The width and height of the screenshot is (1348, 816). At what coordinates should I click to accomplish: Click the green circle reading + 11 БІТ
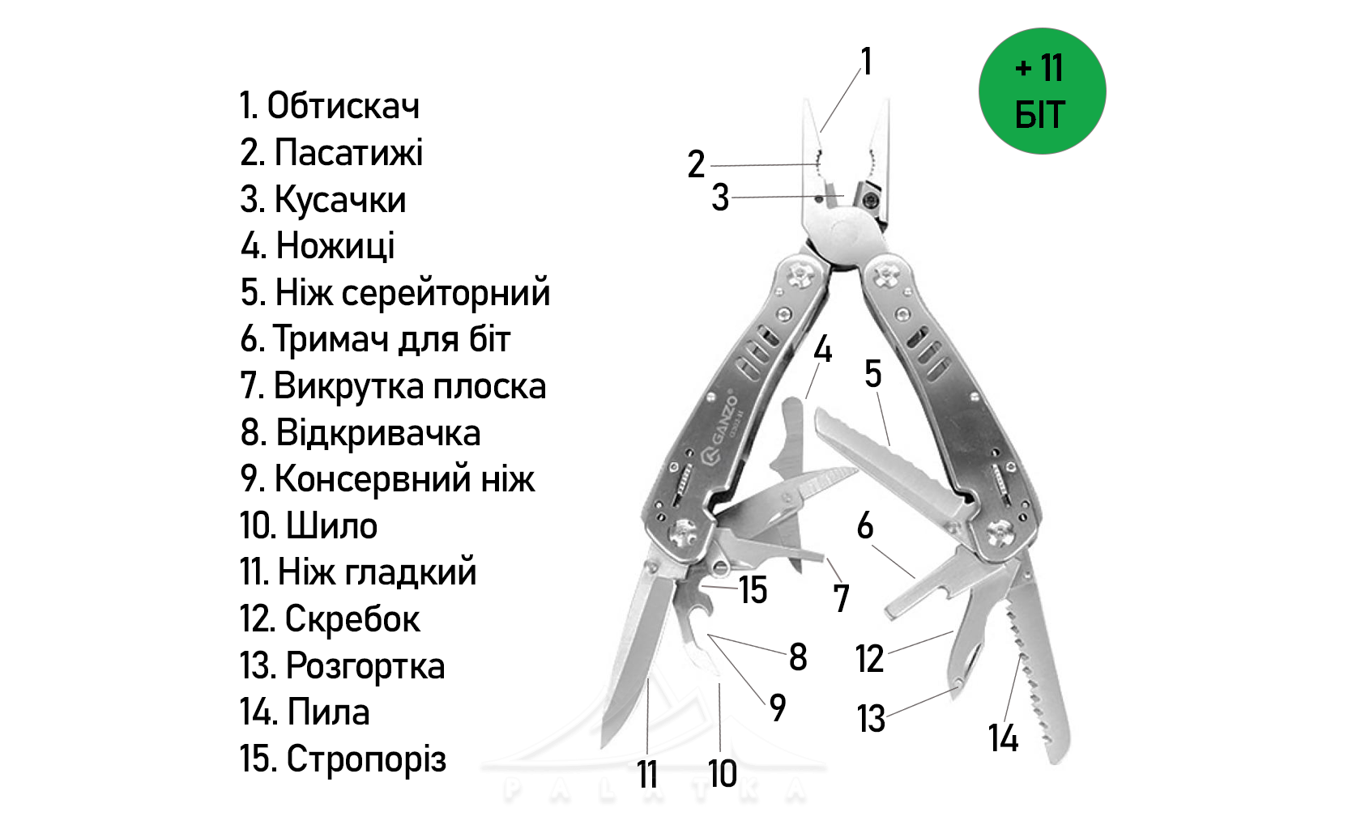click(1042, 91)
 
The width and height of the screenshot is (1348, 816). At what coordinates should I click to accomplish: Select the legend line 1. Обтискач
click(330, 106)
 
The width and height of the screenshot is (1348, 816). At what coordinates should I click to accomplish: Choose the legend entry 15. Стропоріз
click(343, 759)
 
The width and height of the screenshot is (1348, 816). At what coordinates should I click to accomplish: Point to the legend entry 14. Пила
click(305, 712)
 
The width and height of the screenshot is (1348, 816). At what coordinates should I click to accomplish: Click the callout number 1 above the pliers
click(866, 62)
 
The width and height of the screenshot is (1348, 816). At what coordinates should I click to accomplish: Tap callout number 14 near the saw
click(1003, 738)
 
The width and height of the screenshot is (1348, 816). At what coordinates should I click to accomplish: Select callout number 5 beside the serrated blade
click(872, 374)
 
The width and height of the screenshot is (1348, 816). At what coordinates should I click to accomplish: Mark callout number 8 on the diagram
click(798, 657)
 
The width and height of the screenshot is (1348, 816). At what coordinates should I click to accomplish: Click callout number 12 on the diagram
click(869, 659)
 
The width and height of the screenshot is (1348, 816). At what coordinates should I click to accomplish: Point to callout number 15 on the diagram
click(753, 590)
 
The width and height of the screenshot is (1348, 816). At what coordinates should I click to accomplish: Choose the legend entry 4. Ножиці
click(318, 246)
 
